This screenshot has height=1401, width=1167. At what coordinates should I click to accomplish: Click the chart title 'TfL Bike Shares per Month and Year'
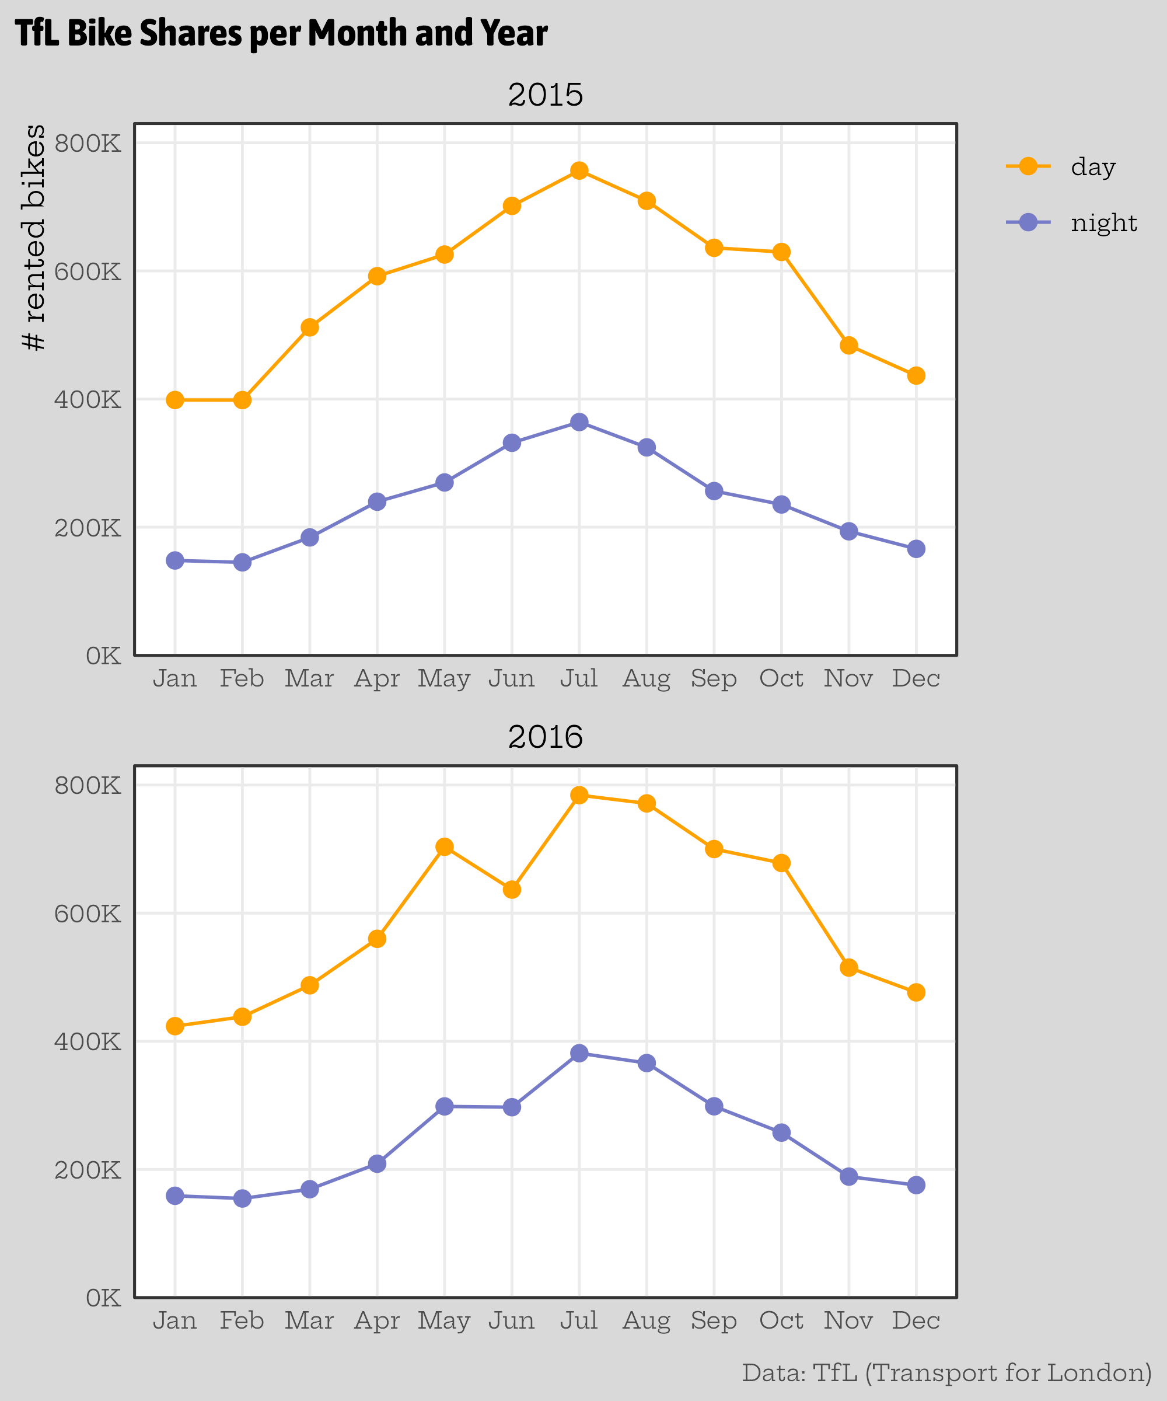pyautogui.click(x=281, y=33)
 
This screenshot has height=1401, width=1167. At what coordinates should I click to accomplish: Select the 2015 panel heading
pyautogui.click(x=545, y=95)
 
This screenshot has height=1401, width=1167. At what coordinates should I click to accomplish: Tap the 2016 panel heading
pyautogui.click(x=545, y=737)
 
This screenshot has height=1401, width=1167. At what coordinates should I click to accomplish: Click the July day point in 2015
pyautogui.click(x=579, y=171)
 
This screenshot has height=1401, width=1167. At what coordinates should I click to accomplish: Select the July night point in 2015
pyautogui.click(x=579, y=422)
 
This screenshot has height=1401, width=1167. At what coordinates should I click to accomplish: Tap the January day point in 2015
pyautogui.click(x=174, y=400)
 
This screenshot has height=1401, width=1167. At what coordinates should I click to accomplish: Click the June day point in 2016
pyautogui.click(x=512, y=889)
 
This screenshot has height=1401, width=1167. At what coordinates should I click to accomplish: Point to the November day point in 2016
pyautogui.click(x=848, y=967)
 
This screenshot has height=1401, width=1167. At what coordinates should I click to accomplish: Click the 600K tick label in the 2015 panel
pyautogui.click(x=88, y=271)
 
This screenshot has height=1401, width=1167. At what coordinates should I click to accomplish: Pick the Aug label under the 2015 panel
pyautogui.click(x=645, y=678)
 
